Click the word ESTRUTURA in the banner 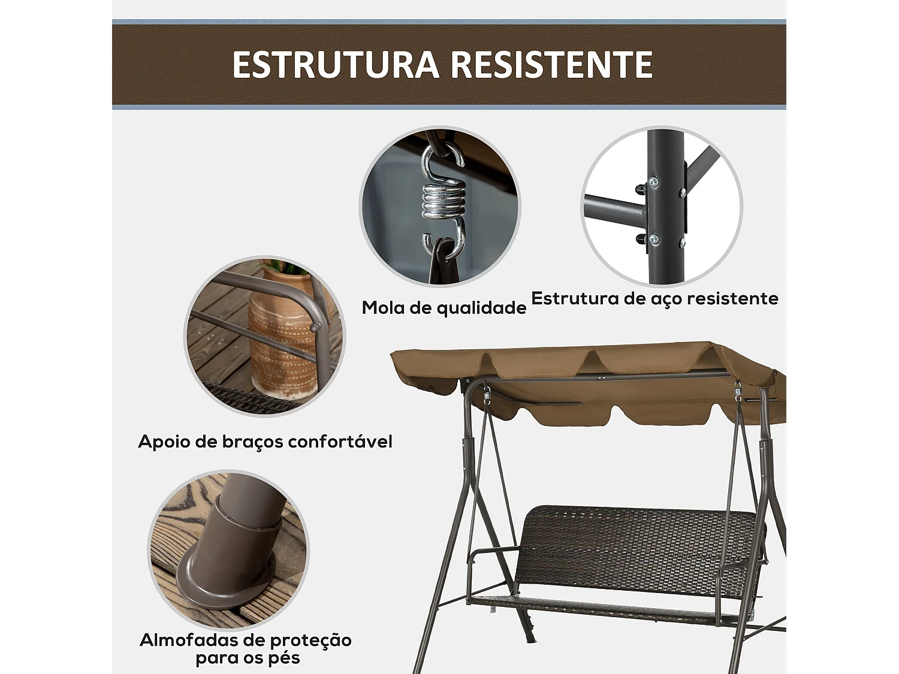point(336,65)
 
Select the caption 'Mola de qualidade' point(444,307)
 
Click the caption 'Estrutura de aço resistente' point(654,298)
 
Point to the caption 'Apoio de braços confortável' point(265,442)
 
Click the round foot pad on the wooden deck point(225,584)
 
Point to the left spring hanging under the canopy point(487,395)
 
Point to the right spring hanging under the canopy point(738,392)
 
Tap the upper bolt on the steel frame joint point(653,182)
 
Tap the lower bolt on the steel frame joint point(653,240)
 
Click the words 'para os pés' point(248,658)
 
